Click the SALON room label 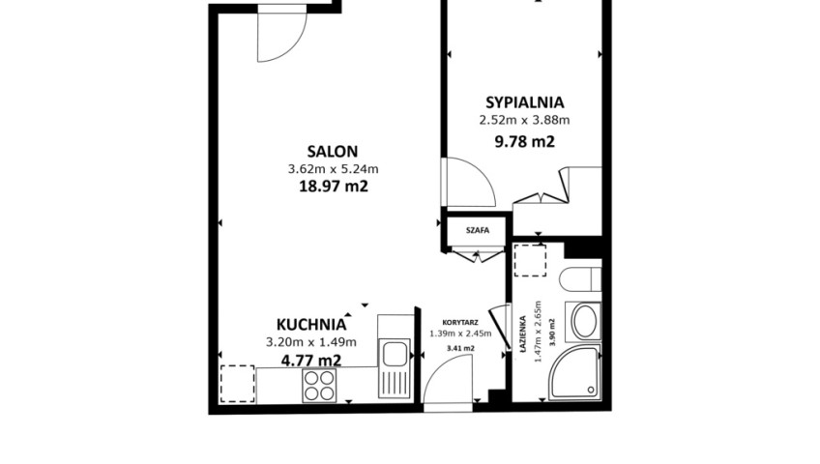(333, 152)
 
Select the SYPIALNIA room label (524, 101)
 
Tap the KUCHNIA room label (311, 325)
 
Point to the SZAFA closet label (478, 230)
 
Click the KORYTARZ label (460, 323)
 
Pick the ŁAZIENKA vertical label (522, 334)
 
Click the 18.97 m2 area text (333, 186)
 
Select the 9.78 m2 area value (524, 141)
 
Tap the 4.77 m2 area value (311, 360)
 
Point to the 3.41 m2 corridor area (460, 348)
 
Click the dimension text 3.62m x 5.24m (333, 169)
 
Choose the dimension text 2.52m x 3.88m (524, 120)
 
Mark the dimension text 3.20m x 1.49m (311, 342)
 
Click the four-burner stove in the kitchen (319, 386)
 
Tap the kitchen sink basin (395, 354)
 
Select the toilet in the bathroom (580, 279)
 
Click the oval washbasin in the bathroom (585, 321)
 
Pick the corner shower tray (574, 372)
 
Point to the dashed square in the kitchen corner (238, 384)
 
